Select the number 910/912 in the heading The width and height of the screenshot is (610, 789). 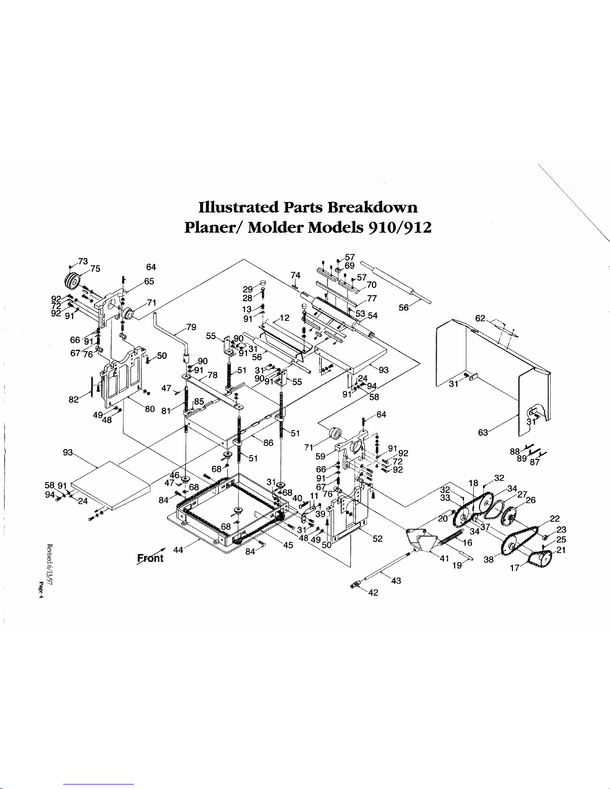click(398, 227)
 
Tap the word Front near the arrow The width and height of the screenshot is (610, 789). click(150, 558)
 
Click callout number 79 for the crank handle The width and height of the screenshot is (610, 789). click(191, 327)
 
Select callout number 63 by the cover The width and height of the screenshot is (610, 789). click(483, 433)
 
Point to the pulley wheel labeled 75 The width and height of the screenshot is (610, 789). click(73, 282)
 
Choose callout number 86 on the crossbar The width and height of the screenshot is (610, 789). click(268, 442)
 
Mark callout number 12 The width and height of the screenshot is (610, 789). click(284, 318)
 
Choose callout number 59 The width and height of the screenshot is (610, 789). click(320, 455)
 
